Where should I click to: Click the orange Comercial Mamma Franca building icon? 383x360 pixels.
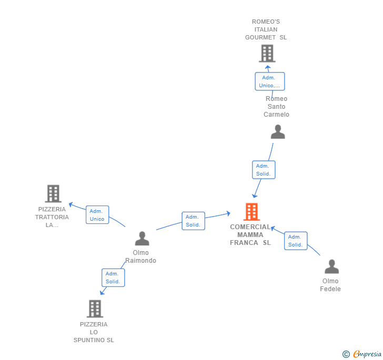251,212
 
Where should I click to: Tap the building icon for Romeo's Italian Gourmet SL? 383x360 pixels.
267,53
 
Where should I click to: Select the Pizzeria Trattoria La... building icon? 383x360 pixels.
53,193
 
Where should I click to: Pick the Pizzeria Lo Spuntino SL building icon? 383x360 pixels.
95,308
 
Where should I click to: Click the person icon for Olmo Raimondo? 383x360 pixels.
142,239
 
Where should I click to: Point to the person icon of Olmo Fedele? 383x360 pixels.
331,267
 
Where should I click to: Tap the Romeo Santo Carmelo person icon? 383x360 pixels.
278,132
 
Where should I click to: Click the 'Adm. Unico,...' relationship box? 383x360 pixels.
270,81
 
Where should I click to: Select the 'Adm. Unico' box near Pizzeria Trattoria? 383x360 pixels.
97,215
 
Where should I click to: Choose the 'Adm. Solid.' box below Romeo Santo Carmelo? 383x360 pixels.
263,170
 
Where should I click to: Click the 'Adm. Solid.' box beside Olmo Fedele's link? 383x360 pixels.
296,241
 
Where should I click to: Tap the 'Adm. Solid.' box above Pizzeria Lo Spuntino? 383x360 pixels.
113,277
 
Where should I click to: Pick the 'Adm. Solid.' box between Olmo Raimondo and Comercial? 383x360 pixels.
193,221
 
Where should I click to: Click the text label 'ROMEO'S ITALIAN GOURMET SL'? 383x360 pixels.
266,29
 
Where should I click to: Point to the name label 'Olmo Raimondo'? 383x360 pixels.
141,256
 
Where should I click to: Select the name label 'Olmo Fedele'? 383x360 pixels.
330,285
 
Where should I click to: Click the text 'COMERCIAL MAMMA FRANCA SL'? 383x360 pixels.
250,235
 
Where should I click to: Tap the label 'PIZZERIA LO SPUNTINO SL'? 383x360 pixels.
94,332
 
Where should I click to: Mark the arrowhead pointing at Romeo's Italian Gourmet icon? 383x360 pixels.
267,67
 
